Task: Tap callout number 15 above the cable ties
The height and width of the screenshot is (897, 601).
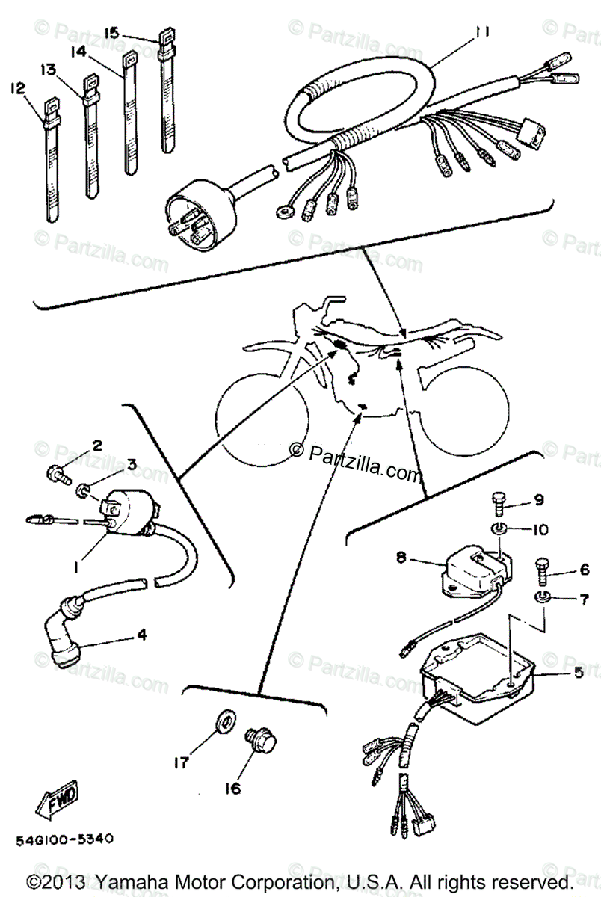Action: point(111,33)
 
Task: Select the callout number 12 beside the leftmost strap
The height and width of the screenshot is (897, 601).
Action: point(17,88)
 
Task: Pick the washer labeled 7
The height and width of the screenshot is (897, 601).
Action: point(543,597)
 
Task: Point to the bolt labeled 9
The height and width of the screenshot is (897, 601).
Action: point(500,506)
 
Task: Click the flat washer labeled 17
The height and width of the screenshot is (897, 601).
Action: point(224,721)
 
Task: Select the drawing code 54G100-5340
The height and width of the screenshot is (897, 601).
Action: point(64,839)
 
